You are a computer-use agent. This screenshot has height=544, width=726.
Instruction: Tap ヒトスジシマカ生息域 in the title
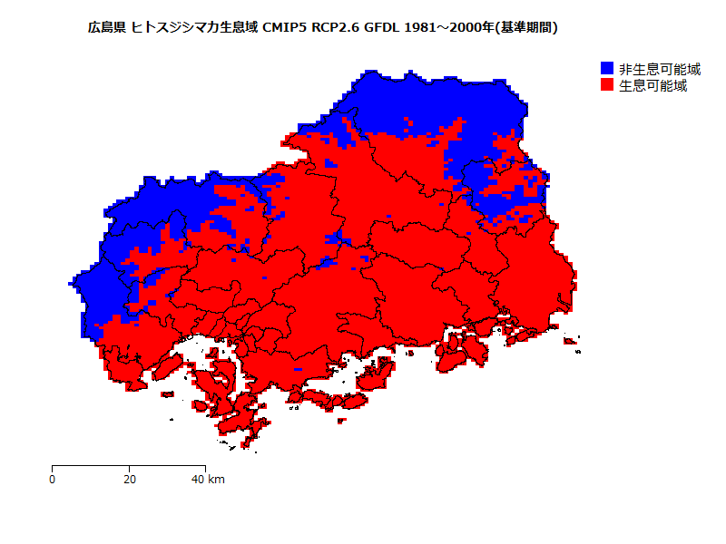pos(195,28)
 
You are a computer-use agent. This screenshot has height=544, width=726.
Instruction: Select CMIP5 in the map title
pos(285,28)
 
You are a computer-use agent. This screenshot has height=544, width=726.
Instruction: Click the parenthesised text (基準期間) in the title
pos(528,28)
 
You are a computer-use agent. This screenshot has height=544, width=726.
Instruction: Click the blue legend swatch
pos(607,69)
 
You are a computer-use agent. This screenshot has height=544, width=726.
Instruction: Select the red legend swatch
pos(607,85)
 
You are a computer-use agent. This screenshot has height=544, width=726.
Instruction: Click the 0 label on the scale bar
pos(53,480)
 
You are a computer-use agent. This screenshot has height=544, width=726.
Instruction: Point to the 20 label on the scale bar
pos(129,480)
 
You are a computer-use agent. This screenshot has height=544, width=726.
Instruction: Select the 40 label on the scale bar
pos(198,480)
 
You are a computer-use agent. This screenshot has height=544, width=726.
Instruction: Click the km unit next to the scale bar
pos(217,480)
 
